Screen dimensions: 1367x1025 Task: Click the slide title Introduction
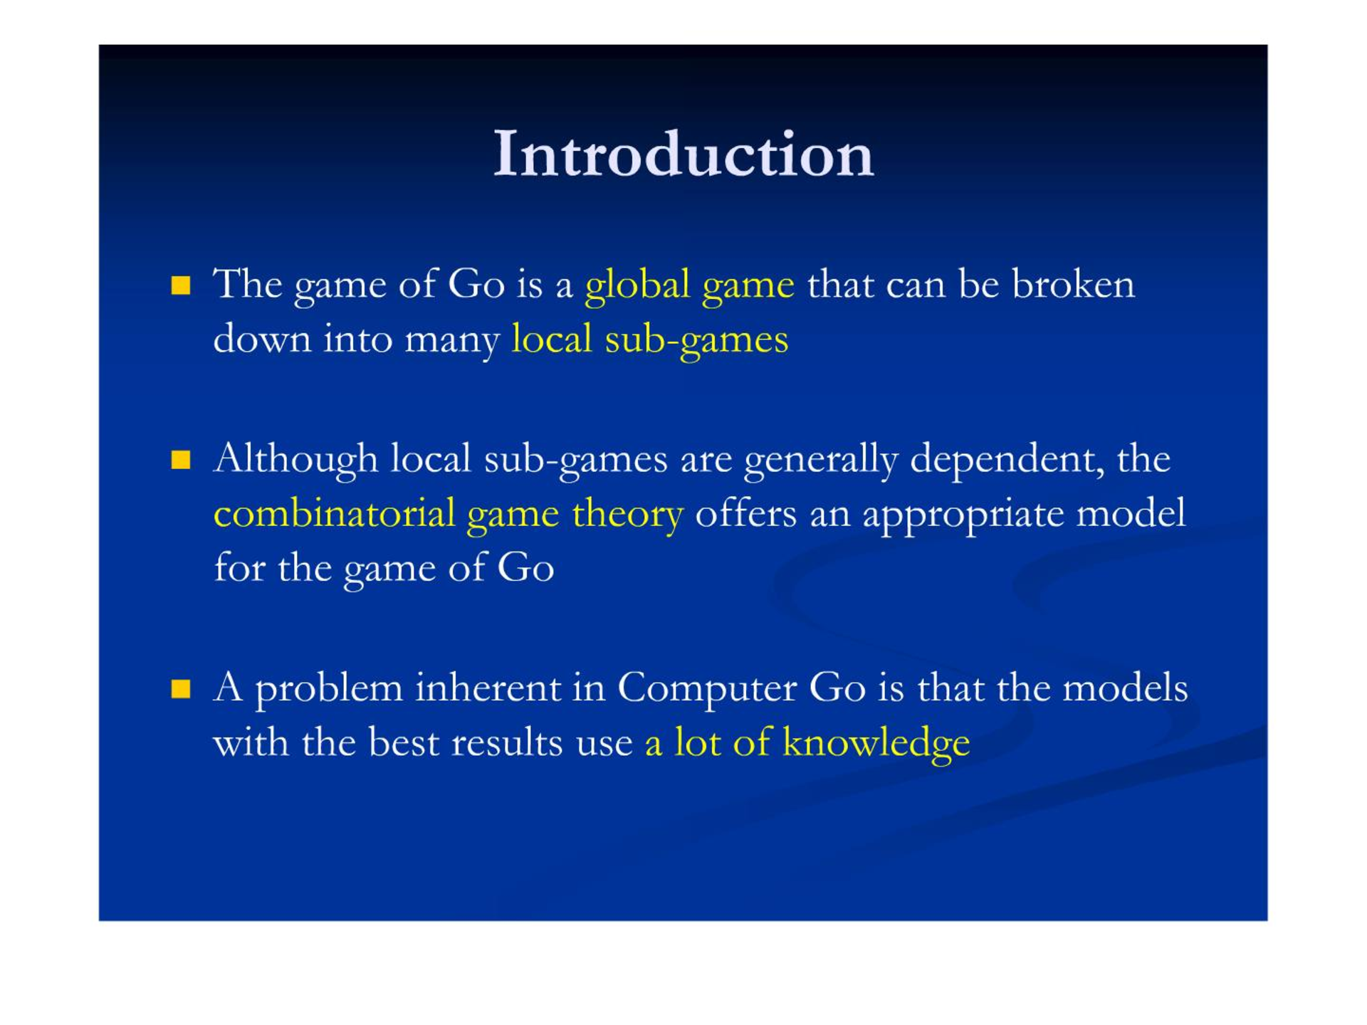click(x=683, y=154)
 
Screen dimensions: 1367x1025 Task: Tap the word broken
click(x=1073, y=284)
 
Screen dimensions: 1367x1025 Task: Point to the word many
click(x=452, y=341)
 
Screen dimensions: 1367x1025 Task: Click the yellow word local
click(x=552, y=339)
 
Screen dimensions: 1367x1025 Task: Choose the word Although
click(x=295, y=460)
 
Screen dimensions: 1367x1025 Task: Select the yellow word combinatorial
click(x=334, y=513)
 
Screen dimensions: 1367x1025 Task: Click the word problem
click(x=329, y=690)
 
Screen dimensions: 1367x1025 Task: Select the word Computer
click(x=706, y=690)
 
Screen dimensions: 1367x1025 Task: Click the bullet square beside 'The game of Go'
click(x=181, y=286)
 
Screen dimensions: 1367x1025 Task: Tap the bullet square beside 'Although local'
click(x=181, y=460)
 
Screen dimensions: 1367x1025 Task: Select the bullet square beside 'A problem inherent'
click(x=181, y=689)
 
